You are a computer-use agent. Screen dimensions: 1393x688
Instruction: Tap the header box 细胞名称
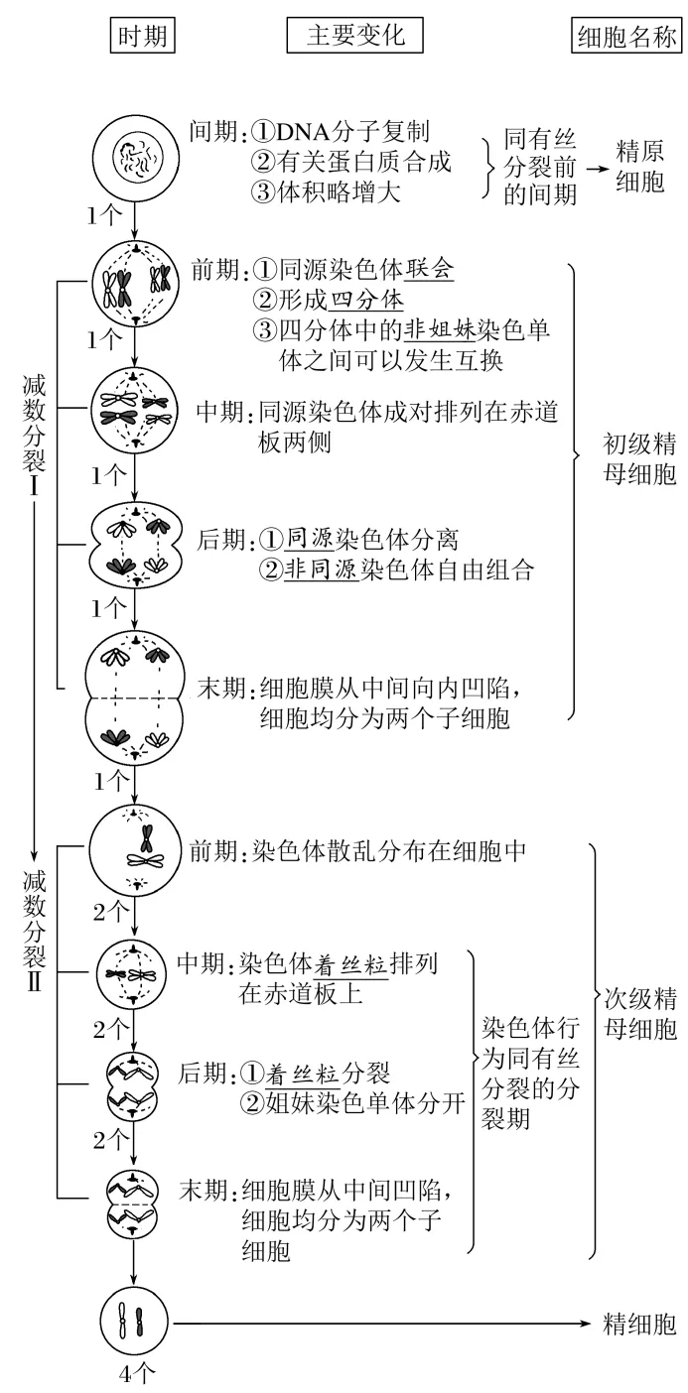click(x=626, y=36)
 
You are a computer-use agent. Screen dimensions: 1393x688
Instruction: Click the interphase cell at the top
click(x=134, y=157)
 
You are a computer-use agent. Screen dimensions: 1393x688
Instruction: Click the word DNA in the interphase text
click(x=284, y=133)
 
